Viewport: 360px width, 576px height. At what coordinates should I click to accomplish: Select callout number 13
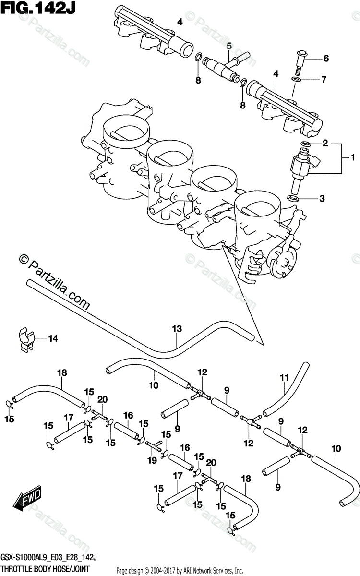click(178, 329)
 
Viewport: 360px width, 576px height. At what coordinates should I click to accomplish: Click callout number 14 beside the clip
click(52, 339)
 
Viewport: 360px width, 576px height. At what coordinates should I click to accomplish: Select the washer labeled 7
click(296, 78)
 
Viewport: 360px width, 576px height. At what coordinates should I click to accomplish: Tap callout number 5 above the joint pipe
click(229, 46)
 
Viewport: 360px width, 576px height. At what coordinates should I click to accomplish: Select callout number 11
click(283, 377)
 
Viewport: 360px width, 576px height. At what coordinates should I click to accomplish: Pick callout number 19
click(152, 460)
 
